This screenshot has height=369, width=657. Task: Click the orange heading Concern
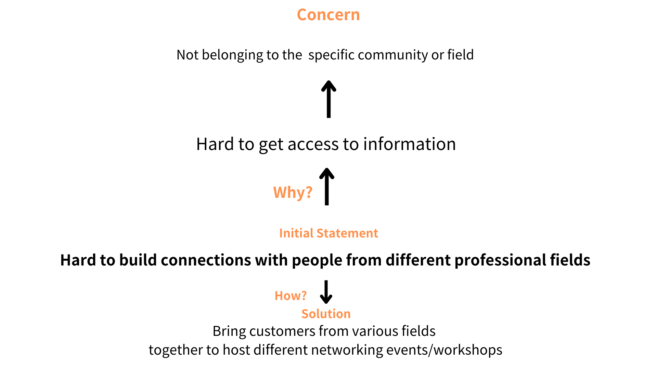click(328, 15)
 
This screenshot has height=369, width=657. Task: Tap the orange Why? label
click(293, 192)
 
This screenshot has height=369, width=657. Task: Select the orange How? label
click(291, 296)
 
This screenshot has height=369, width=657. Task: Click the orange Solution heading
click(326, 314)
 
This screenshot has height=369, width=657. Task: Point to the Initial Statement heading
click(328, 233)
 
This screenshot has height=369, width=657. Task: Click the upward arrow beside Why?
click(327, 186)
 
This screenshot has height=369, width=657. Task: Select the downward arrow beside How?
click(326, 292)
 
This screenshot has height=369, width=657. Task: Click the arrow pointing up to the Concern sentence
click(328, 99)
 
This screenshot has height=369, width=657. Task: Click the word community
click(392, 55)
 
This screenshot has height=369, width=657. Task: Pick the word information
click(409, 144)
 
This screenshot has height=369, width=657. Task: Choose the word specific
click(331, 55)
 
